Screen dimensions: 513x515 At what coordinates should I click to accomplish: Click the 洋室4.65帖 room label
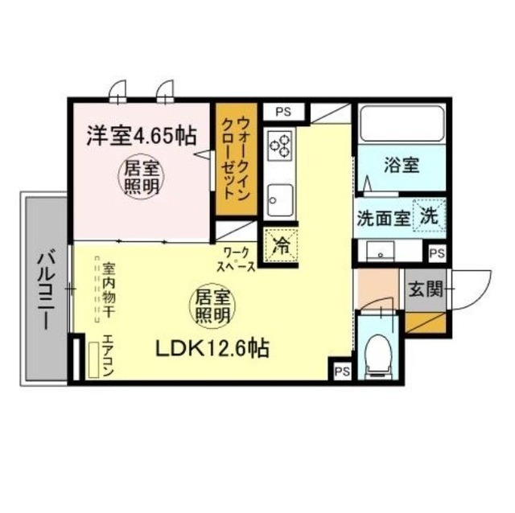(142, 134)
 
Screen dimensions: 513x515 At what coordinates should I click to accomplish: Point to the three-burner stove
(281, 146)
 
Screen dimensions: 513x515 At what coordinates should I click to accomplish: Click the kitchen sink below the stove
(280, 195)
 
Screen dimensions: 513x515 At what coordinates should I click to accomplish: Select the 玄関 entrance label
(424, 289)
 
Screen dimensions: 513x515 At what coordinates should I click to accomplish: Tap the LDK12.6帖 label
(212, 349)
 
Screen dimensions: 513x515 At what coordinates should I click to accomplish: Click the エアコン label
(107, 355)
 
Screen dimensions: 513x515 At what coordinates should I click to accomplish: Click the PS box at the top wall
(282, 112)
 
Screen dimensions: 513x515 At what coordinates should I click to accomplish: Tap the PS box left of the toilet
(341, 371)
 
